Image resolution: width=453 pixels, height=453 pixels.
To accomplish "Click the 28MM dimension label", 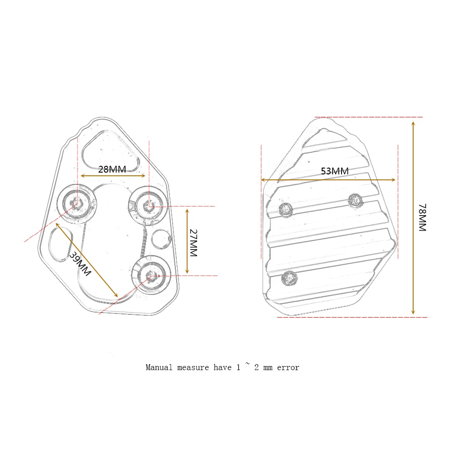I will tap(112, 169).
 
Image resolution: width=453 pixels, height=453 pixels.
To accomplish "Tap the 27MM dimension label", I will tap(193, 243).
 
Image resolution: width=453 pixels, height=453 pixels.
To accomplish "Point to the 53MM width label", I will tap(334, 171).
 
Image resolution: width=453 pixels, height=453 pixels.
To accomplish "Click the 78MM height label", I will tap(422, 217).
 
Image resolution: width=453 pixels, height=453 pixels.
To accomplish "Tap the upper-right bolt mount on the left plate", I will tap(148, 206).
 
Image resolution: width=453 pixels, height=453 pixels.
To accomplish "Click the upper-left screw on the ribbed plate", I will tap(286, 209).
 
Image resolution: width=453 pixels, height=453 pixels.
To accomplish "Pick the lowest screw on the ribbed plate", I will tap(289, 278).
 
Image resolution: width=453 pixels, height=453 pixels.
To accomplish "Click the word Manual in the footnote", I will tap(159, 367).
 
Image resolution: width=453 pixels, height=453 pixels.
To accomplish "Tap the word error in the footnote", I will tap(288, 367).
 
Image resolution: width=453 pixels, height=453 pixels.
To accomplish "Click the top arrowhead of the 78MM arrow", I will tap(413, 123).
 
